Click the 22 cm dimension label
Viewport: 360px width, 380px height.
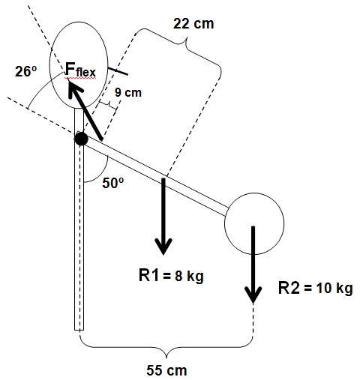pyautogui.click(x=193, y=24)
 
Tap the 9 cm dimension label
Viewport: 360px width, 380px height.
pyautogui.click(x=128, y=92)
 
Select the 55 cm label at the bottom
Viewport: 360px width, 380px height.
pyautogui.click(x=166, y=370)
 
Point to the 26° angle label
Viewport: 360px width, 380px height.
pyautogui.click(x=26, y=72)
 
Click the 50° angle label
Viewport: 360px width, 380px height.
pyautogui.click(x=113, y=183)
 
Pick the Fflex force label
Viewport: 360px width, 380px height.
pyautogui.click(x=80, y=70)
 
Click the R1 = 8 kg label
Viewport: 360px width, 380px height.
pyautogui.click(x=171, y=276)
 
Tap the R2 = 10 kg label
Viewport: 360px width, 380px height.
pyautogui.click(x=316, y=288)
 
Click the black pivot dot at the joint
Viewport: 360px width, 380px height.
pyautogui.click(x=81, y=139)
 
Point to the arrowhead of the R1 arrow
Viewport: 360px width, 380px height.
pyautogui.click(x=163, y=247)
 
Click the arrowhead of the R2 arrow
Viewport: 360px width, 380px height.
pyautogui.click(x=253, y=295)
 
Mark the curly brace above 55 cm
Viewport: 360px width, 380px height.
pyautogui.click(x=166, y=347)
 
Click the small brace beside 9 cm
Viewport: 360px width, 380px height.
pyautogui.click(x=108, y=105)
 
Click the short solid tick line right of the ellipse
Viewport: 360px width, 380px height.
pyautogui.click(x=118, y=71)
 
